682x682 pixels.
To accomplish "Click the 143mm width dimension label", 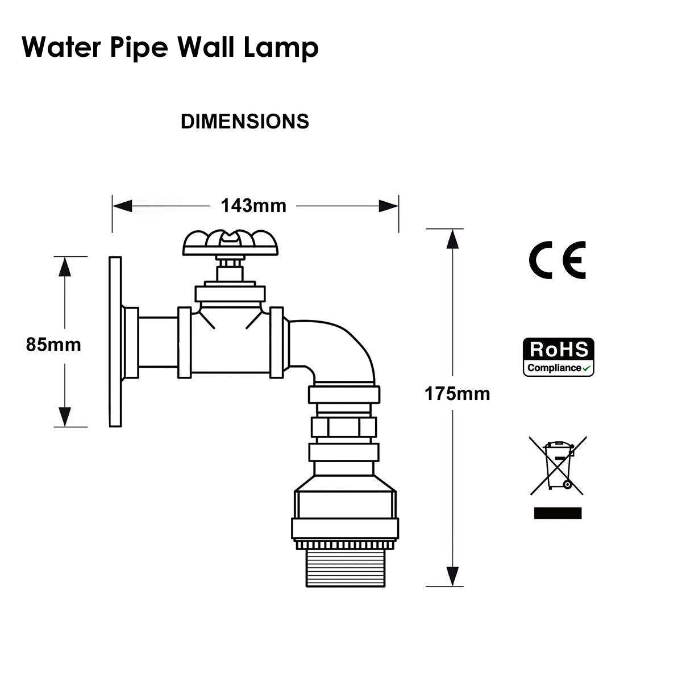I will click(253, 205).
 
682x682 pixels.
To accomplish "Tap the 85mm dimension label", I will click(53, 344).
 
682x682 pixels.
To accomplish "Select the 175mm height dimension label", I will click(457, 393).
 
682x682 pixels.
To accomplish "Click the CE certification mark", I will click(557, 260).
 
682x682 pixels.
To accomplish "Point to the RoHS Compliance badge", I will click(558, 357).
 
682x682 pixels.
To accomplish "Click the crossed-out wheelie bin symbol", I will click(558, 465).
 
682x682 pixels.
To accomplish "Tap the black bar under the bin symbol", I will click(558, 513).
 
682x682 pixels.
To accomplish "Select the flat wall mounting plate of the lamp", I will click(115, 341).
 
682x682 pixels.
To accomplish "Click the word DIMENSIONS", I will click(245, 122).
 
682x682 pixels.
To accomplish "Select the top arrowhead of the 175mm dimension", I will click(452, 239).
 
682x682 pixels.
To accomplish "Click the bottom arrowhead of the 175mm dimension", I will click(452, 575).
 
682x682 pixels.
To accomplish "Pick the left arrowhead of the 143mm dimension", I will click(122, 206).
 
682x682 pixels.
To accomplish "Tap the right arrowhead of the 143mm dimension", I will click(389, 206).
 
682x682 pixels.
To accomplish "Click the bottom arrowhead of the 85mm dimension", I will click(65, 416).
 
